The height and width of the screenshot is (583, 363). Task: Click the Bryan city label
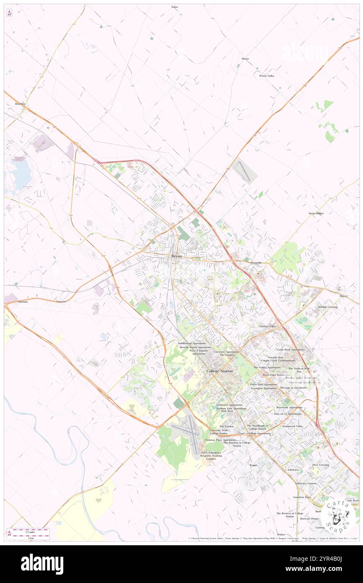click(x=176, y=256)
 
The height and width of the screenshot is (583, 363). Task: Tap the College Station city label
click(x=220, y=371)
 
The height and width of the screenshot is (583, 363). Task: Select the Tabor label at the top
click(x=175, y=7)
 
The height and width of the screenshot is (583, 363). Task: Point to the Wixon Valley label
click(x=266, y=76)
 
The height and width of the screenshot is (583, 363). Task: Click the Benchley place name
click(x=20, y=104)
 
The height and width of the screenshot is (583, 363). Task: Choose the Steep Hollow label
click(x=316, y=213)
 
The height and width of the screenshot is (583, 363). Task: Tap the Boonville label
click(x=256, y=263)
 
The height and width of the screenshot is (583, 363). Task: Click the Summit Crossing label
click(x=327, y=307)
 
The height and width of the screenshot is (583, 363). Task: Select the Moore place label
click(x=245, y=59)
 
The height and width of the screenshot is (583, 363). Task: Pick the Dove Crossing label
click(x=321, y=465)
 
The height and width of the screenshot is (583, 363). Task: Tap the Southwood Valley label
click(x=292, y=426)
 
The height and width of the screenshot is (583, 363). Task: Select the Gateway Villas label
click(x=267, y=326)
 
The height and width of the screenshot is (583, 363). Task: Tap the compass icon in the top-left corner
click(x=9, y=13)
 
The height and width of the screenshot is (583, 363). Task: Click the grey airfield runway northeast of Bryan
click(x=244, y=172)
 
